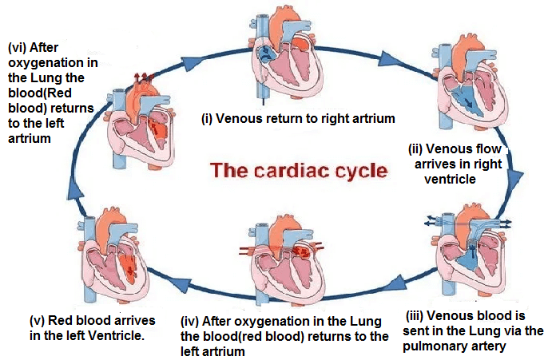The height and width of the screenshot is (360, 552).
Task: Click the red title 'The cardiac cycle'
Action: pos(297,170)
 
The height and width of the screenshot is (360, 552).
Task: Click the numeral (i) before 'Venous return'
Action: pos(206,120)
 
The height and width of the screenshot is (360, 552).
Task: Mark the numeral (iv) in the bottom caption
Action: pos(189,321)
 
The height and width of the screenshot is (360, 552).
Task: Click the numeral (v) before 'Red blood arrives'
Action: pos(37,321)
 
